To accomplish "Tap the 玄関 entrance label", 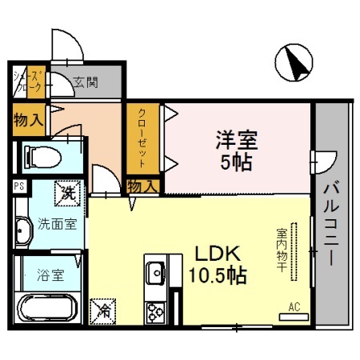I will (x=86, y=81).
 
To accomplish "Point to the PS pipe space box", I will (x=18, y=186).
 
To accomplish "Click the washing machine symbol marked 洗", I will (x=68, y=192).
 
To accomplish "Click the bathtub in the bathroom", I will (x=46, y=307).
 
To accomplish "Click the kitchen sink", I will (x=154, y=269).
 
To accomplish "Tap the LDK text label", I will (x=213, y=254).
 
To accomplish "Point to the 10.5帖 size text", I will (x=218, y=276).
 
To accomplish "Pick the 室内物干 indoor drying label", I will (x=282, y=250).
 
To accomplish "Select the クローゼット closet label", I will (x=141, y=137).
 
